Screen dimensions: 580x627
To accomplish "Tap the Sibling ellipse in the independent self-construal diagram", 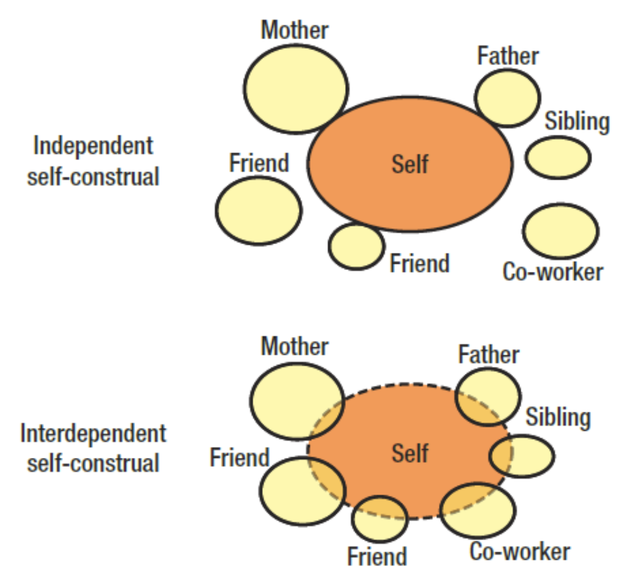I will coord(558,157).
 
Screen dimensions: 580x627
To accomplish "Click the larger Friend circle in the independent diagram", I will coord(258,210).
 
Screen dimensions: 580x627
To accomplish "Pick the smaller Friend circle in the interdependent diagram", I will coord(379,518).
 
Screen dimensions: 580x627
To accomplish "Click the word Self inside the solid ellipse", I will coord(410,164).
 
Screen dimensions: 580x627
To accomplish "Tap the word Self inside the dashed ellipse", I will coord(410,453).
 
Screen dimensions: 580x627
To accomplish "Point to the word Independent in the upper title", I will coord(93,146).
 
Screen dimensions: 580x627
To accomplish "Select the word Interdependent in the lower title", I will coord(93,434).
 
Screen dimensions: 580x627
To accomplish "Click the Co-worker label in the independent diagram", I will coord(552,272).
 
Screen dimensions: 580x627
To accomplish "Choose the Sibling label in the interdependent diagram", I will coord(558,417).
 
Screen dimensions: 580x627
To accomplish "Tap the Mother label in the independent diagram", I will coord(295,29).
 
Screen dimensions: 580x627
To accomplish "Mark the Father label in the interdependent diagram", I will coord(488,354).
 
